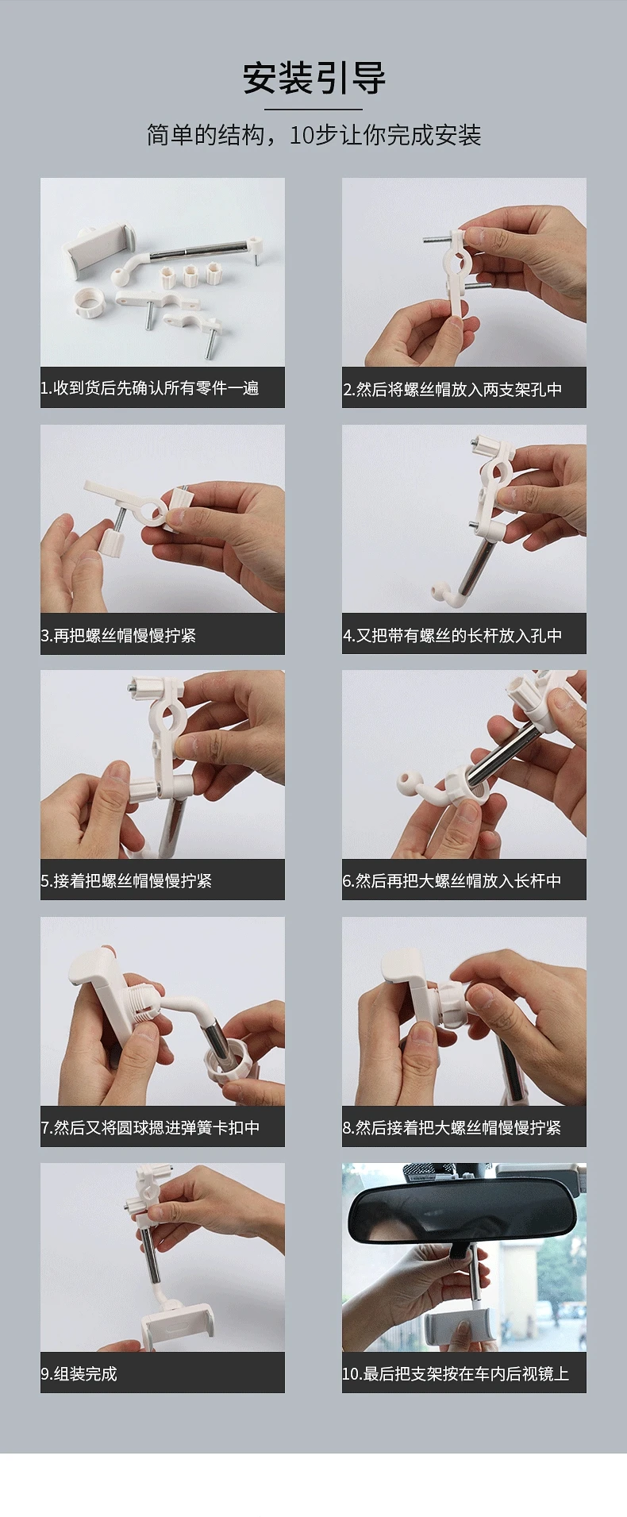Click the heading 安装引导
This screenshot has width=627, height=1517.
313,79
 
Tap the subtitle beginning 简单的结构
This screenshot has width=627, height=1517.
313,135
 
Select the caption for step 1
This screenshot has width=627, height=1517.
150,388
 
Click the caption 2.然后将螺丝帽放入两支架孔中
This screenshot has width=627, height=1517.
452,389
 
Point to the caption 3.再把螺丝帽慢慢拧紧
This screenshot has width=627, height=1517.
118,635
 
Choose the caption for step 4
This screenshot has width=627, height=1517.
452,635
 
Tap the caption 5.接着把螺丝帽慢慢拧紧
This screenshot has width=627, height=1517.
126,880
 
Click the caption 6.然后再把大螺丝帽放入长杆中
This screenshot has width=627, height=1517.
452,880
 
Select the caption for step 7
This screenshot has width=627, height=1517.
150,1127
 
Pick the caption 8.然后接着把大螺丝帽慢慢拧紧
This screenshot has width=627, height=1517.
452,1127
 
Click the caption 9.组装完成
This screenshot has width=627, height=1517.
79,1373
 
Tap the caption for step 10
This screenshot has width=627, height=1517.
456,1373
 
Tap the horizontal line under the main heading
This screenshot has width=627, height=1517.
313,110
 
